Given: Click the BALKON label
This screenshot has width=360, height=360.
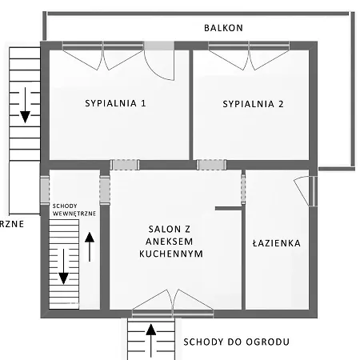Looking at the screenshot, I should click(x=223, y=27).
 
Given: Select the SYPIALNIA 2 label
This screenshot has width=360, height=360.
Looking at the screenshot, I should click(x=254, y=103).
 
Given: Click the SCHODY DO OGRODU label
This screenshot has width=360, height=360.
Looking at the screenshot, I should click(x=236, y=342).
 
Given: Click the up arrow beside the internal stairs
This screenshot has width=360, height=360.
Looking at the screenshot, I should click(x=90, y=246).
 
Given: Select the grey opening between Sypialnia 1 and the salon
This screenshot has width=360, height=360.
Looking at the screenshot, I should click(x=125, y=165).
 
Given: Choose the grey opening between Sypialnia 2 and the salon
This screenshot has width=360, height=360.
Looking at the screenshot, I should click(x=210, y=165).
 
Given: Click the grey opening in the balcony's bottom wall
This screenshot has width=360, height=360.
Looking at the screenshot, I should click(x=159, y=45).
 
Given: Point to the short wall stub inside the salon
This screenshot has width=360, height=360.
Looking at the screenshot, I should click(x=228, y=209).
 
